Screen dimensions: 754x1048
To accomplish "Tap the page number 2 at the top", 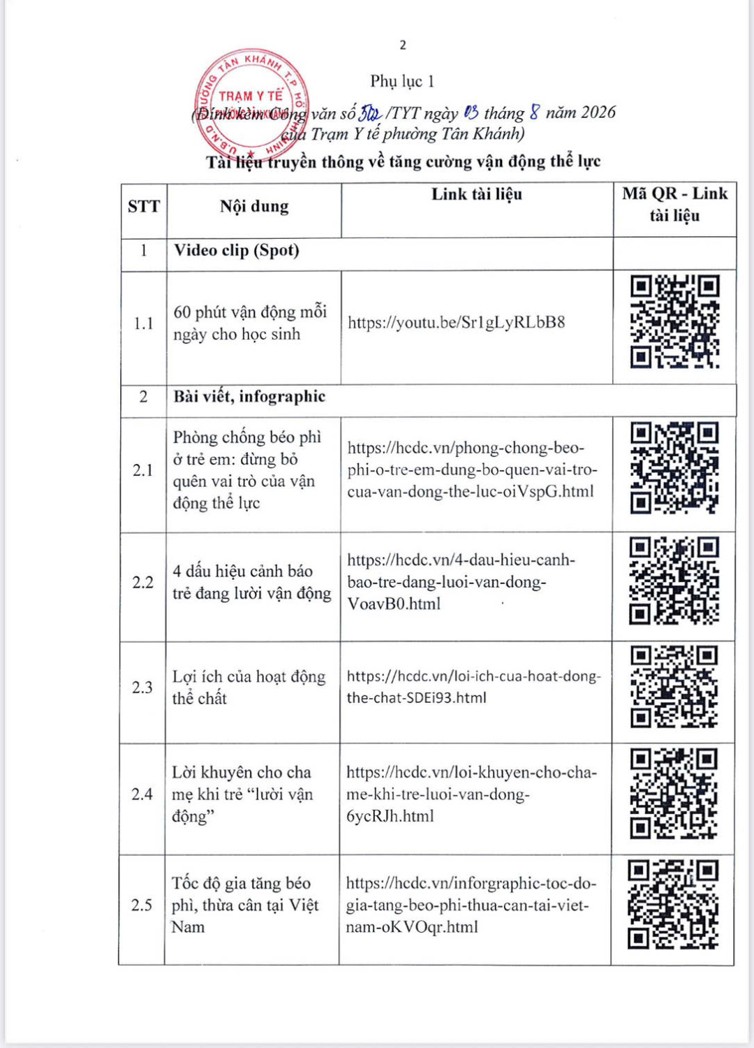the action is tap(403, 45).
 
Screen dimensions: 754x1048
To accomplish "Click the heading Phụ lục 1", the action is tap(402, 82).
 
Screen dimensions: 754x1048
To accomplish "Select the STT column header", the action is tap(144, 206).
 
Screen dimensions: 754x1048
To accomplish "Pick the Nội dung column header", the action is tap(254, 206).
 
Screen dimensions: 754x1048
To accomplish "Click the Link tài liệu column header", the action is tap(477, 194).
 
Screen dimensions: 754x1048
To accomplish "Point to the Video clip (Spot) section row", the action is tap(237, 250).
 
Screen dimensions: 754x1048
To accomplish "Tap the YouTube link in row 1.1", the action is tap(456, 322).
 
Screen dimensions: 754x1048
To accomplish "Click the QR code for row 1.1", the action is tap(674, 321).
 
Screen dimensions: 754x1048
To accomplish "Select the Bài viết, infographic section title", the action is tap(250, 397).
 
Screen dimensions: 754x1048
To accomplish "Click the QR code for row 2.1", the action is tap(674, 468).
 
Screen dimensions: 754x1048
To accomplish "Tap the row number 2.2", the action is tap(142, 583).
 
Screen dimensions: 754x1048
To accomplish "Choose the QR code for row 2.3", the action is tap(674, 687).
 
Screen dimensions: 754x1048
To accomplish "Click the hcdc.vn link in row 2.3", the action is tap(473, 687).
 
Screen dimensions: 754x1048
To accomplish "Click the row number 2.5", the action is tap(142, 905).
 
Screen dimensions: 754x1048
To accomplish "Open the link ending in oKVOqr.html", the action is tap(471, 905).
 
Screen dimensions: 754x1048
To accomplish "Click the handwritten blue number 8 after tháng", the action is tap(535, 112).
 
